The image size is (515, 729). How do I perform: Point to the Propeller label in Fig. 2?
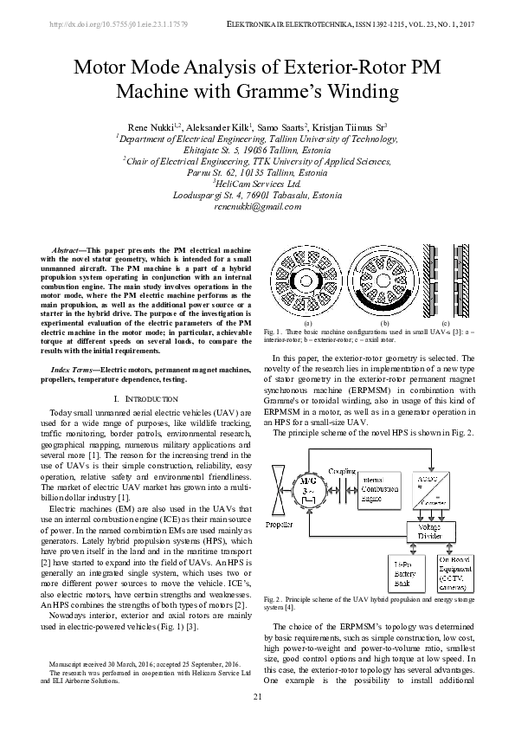pos(279,525)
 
